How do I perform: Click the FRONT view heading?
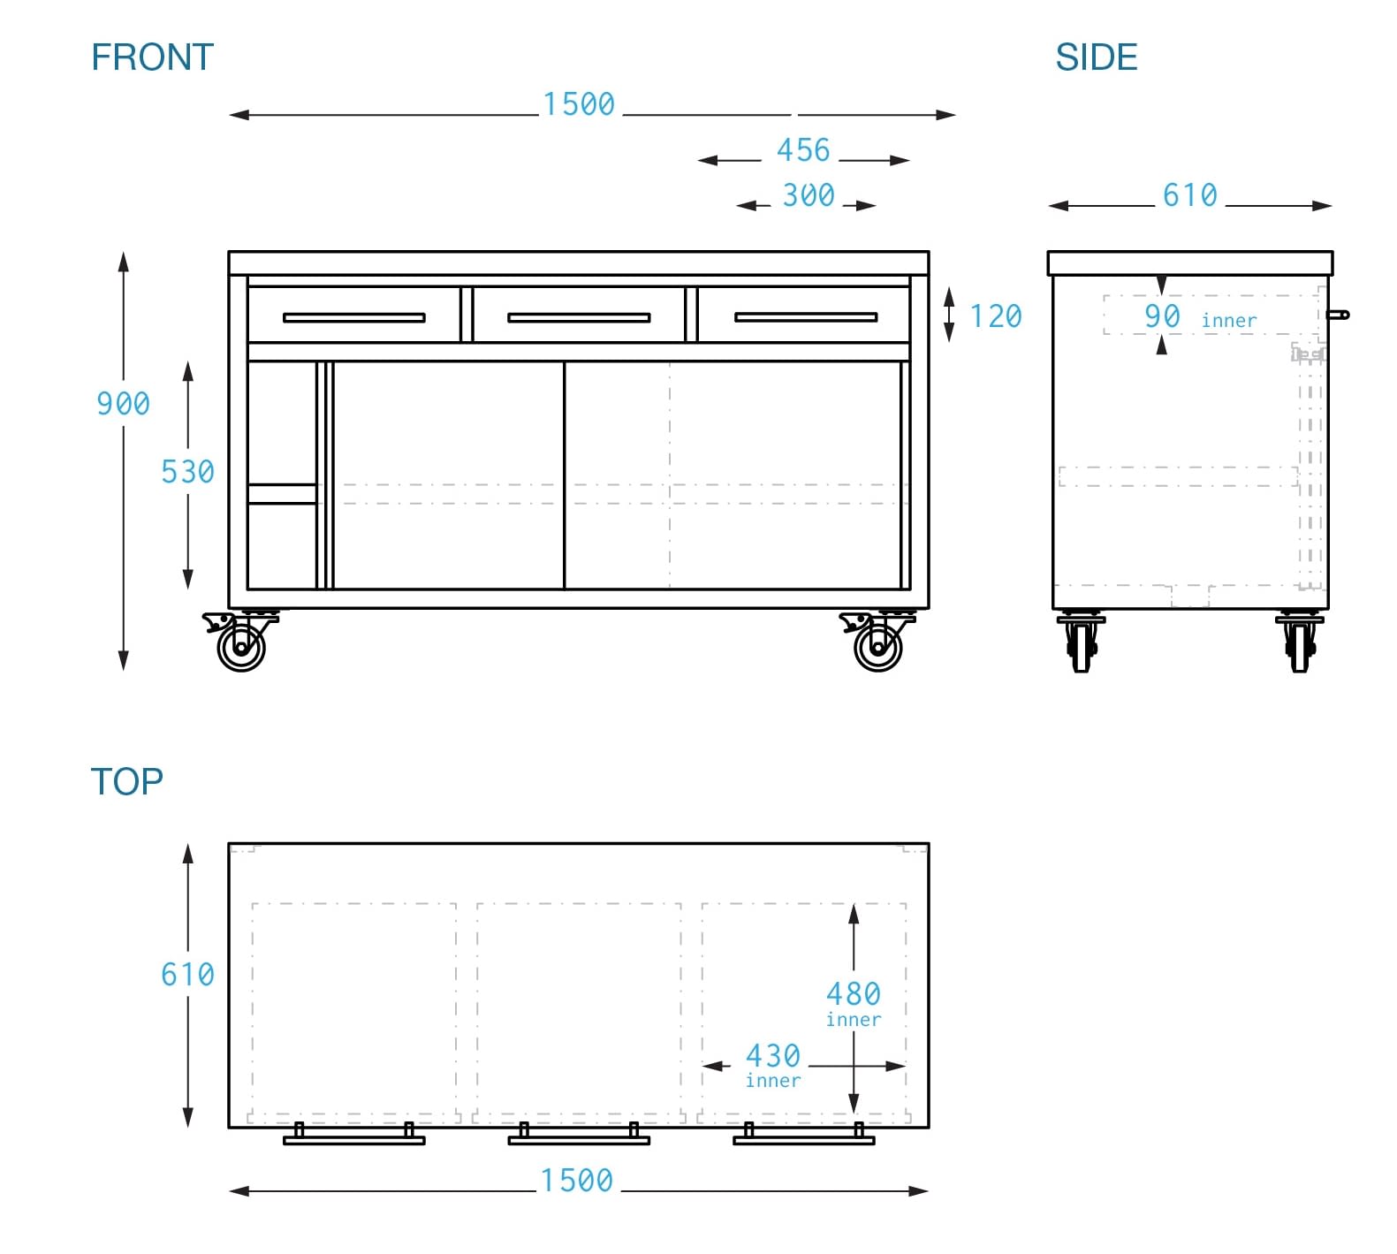(152, 57)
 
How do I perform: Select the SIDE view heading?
(1096, 57)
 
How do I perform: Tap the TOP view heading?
(126, 781)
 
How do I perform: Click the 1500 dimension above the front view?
(579, 104)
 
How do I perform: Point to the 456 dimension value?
(803, 150)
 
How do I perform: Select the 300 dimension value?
(809, 195)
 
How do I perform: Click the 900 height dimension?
(123, 404)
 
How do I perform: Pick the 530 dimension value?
(187, 472)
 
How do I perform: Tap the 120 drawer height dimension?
(996, 316)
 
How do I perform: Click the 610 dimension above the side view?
(1189, 195)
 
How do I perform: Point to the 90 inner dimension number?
(1162, 316)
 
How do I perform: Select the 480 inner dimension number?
(853, 994)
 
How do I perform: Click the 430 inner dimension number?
(773, 1056)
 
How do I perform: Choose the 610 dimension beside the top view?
(187, 975)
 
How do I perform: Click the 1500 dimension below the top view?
(577, 1181)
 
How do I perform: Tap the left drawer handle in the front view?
(353, 317)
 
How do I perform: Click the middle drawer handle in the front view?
(579, 317)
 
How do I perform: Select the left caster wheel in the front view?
(241, 647)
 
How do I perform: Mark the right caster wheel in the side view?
(1300, 645)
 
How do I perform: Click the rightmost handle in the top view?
(803, 1139)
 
